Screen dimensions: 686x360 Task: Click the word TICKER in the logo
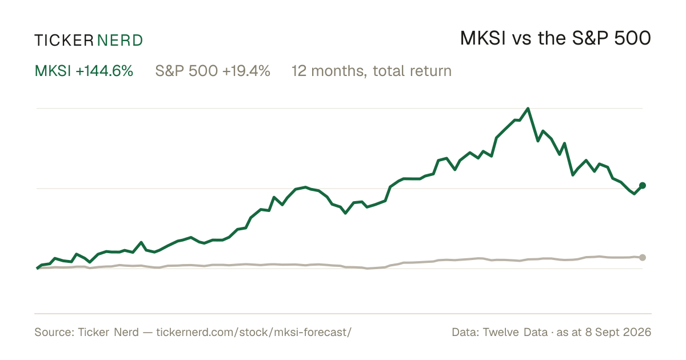64,41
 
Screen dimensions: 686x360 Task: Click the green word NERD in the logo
120,41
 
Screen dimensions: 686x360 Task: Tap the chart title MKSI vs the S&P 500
556,38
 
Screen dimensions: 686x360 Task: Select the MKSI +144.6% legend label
84,71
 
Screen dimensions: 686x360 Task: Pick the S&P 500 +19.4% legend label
213,71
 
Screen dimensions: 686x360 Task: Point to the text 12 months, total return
372,71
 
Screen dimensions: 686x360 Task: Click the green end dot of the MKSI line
643,185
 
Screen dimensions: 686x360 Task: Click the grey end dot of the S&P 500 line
643,258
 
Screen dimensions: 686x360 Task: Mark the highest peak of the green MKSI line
528,109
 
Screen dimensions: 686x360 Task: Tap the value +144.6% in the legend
105,71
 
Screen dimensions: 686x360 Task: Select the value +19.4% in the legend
246,71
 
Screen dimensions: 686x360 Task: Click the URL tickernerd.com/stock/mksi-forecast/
254,333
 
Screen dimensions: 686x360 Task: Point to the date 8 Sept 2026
618,332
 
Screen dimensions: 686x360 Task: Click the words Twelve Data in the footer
515,332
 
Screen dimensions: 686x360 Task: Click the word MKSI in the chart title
483,38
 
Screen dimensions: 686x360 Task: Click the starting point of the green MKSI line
37,268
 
